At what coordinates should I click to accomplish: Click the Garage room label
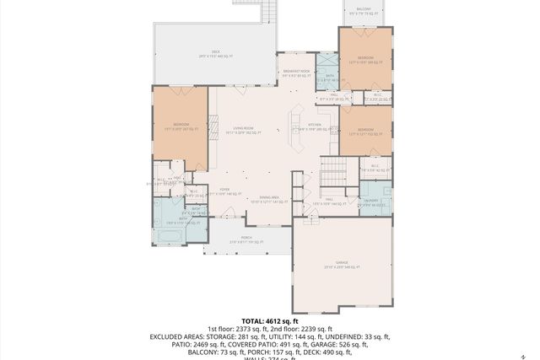pyautogui.click(x=342, y=265)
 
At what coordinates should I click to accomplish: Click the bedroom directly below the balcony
pyautogui.click(x=364, y=60)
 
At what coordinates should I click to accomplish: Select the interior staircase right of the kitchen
pyautogui.click(x=332, y=173)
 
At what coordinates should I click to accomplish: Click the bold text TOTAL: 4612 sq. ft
pyautogui.click(x=270, y=321)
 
